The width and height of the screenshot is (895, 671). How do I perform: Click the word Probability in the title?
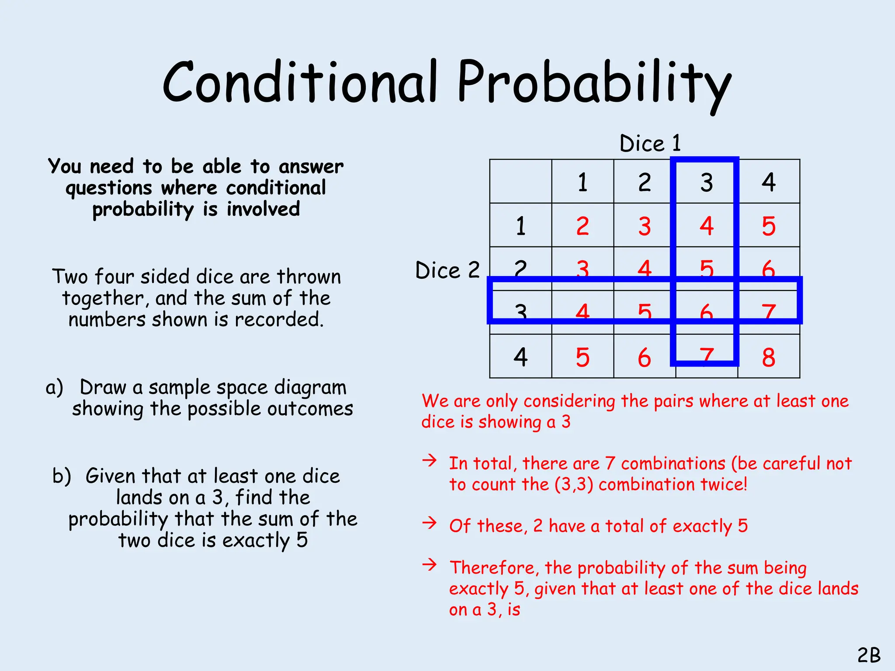[594, 84]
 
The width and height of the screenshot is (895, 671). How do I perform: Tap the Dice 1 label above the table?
[650, 143]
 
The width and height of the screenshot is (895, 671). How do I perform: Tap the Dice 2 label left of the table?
[447, 270]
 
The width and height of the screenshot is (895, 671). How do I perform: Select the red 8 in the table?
[768, 357]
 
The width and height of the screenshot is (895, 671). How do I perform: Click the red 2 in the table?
[583, 226]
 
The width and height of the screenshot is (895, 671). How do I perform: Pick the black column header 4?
[769, 182]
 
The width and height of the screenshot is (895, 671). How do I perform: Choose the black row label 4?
[520, 357]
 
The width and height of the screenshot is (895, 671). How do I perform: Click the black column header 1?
[583, 182]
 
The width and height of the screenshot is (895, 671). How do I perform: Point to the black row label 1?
[520, 226]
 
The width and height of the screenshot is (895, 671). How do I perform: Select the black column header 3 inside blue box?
[706, 182]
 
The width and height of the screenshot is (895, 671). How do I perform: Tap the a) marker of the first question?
[55, 387]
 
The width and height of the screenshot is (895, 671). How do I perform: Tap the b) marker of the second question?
[62, 476]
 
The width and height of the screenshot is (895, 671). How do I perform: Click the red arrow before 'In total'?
[430, 460]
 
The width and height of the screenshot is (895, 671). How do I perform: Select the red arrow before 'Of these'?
[430, 522]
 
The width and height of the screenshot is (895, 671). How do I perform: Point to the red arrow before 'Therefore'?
[430, 564]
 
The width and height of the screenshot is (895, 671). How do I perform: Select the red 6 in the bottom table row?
[644, 357]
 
